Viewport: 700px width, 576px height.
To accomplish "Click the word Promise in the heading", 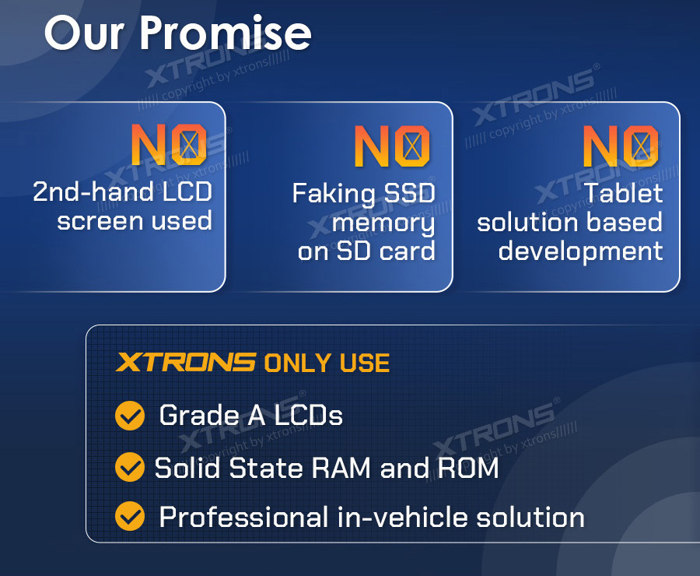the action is click(x=225, y=33).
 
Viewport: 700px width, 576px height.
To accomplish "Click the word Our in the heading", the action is click(x=84, y=33).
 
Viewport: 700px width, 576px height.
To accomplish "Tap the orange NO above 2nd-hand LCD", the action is click(x=169, y=145).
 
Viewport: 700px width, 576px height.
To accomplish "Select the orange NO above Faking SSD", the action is click(x=392, y=146).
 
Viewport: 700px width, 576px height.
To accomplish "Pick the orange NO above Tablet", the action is click(x=621, y=146).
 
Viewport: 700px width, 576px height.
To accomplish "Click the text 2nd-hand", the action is click(x=93, y=191).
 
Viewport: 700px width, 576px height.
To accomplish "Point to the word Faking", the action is click(x=334, y=195).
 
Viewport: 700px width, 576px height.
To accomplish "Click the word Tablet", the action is click(x=623, y=192).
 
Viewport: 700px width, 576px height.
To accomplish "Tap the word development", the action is click(x=580, y=252).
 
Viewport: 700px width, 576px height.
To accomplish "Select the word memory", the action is click(x=383, y=223).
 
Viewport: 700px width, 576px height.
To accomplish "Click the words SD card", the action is click(x=386, y=251).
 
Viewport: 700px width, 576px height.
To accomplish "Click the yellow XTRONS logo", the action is click(x=186, y=362).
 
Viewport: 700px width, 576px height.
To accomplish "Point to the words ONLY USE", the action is click(x=327, y=363).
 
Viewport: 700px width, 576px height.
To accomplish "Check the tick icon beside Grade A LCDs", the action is click(x=130, y=416).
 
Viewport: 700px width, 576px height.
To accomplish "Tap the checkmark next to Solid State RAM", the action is click(x=130, y=467).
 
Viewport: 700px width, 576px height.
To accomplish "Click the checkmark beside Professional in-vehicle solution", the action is click(x=130, y=516).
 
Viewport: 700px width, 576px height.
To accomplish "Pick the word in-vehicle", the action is click(x=403, y=517).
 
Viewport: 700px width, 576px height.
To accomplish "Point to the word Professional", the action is click(x=243, y=517).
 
